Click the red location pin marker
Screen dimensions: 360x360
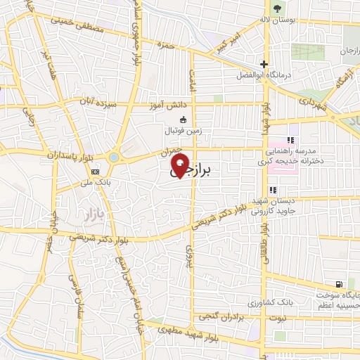click(180, 166)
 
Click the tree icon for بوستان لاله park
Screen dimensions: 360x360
click(276, 9)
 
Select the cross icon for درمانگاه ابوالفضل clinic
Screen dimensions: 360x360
click(264, 63)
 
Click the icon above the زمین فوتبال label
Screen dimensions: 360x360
click(184, 119)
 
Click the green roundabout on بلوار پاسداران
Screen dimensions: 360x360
click(114, 157)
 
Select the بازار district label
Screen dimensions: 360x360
click(87, 212)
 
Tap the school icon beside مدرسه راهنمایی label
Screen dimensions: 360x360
click(290, 140)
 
